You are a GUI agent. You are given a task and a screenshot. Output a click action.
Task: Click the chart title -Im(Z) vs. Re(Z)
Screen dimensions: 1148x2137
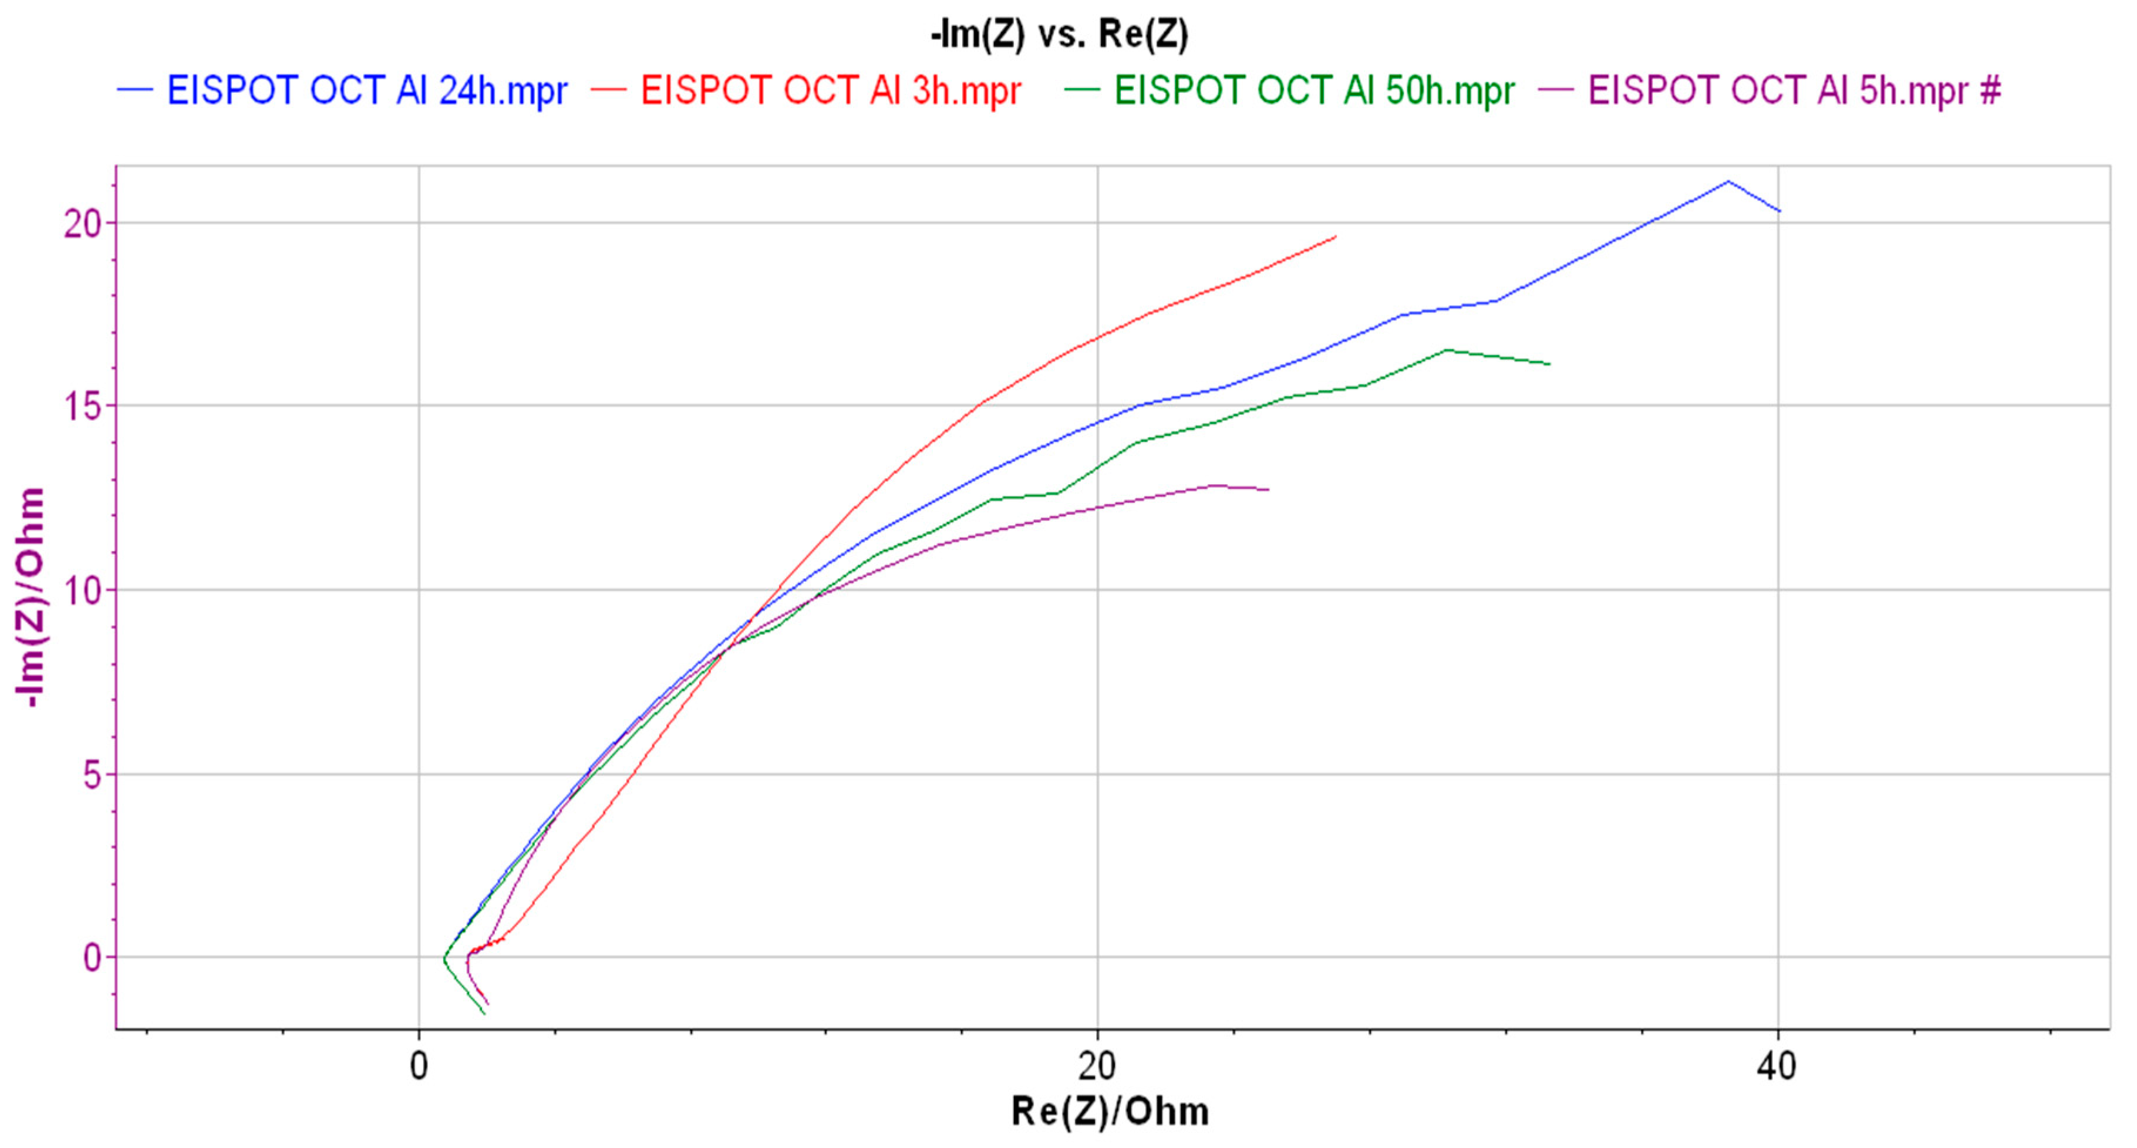1059,35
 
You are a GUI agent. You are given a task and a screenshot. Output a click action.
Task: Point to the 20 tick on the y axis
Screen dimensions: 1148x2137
83,223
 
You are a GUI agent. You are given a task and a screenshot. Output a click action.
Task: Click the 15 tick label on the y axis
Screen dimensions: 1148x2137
83,407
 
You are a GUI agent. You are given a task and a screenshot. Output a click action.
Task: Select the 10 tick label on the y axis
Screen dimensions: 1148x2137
83,590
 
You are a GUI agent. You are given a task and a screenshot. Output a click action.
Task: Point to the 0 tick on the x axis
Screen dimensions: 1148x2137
419,1066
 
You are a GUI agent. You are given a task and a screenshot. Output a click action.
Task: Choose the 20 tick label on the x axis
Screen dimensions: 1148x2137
1097,1066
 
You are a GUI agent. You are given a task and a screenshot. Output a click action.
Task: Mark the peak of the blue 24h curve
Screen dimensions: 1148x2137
1728,181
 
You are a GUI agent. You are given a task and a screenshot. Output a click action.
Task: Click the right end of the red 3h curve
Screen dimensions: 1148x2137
1336,237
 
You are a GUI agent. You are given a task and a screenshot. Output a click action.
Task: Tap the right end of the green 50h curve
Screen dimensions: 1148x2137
1549,364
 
